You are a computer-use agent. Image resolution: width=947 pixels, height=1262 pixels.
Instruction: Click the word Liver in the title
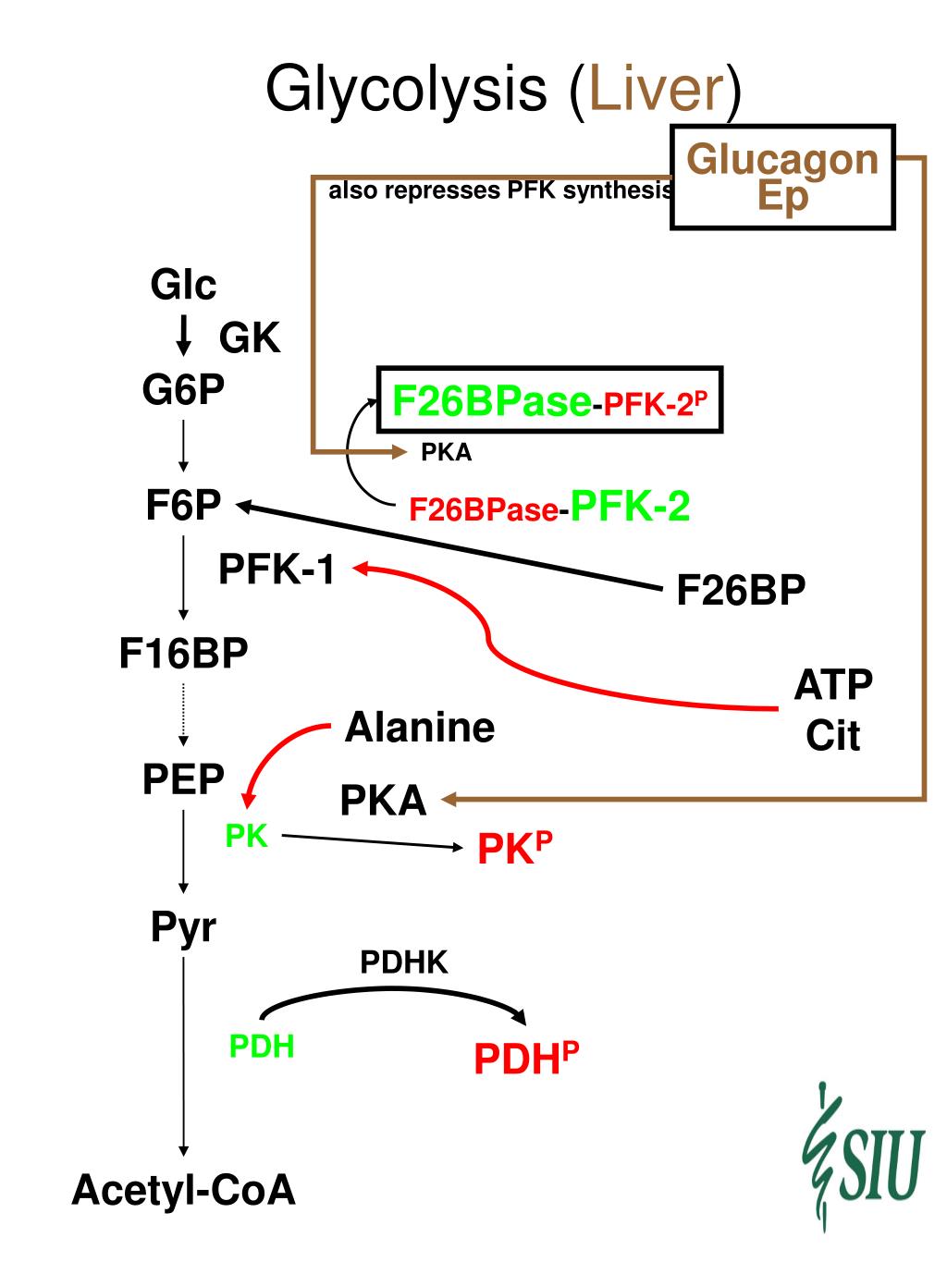(x=656, y=89)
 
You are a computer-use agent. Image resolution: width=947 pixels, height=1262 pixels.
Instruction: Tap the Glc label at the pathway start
(x=183, y=285)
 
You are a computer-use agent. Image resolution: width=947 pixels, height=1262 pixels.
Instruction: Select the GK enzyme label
(x=250, y=337)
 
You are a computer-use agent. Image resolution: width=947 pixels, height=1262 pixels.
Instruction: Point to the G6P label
(x=183, y=389)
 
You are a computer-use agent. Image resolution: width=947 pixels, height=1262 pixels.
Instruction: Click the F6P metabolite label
(x=183, y=506)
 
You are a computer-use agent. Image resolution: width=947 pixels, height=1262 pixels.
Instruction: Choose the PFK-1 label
(x=277, y=570)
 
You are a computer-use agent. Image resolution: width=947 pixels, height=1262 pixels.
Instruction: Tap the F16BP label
(x=183, y=653)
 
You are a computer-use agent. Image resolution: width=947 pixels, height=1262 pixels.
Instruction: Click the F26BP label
(x=741, y=590)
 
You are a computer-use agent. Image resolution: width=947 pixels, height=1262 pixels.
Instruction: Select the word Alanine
(x=420, y=728)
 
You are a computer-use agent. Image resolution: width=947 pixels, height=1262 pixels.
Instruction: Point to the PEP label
(x=183, y=779)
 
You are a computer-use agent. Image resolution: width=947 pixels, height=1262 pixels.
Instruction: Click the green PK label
(x=247, y=836)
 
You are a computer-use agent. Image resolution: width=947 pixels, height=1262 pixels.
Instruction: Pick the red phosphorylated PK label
(x=514, y=848)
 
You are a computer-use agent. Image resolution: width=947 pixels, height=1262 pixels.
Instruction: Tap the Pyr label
(x=183, y=928)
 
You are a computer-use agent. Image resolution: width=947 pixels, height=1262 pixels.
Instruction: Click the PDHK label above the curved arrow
(x=403, y=962)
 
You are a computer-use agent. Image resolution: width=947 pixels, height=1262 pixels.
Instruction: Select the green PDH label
(x=262, y=1046)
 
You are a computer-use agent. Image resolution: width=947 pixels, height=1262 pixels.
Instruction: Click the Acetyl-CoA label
(x=183, y=1190)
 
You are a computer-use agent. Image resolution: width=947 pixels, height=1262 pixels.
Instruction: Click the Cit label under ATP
(x=833, y=735)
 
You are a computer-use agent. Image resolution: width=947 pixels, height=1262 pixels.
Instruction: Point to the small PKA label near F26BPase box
(x=446, y=452)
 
